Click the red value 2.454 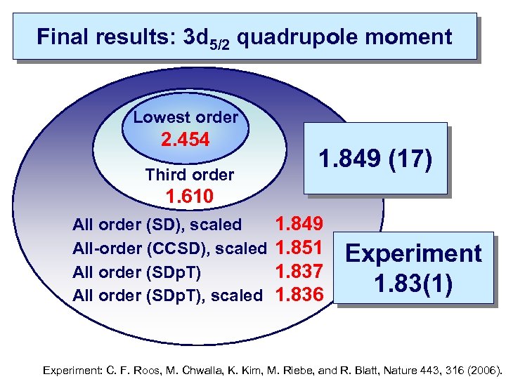click(x=186, y=140)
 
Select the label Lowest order click(x=186, y=117)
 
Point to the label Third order click(x=189, y=174)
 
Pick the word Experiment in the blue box click(x=414, y=253)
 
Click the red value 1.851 click(x=300, y=248)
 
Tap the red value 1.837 click(x=300, y=271)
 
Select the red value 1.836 click(x=300, y=295)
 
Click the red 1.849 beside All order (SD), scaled click(x=300, y=225)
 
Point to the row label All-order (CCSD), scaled click(x=169, y=248)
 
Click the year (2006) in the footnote click(x=483, y=368)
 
